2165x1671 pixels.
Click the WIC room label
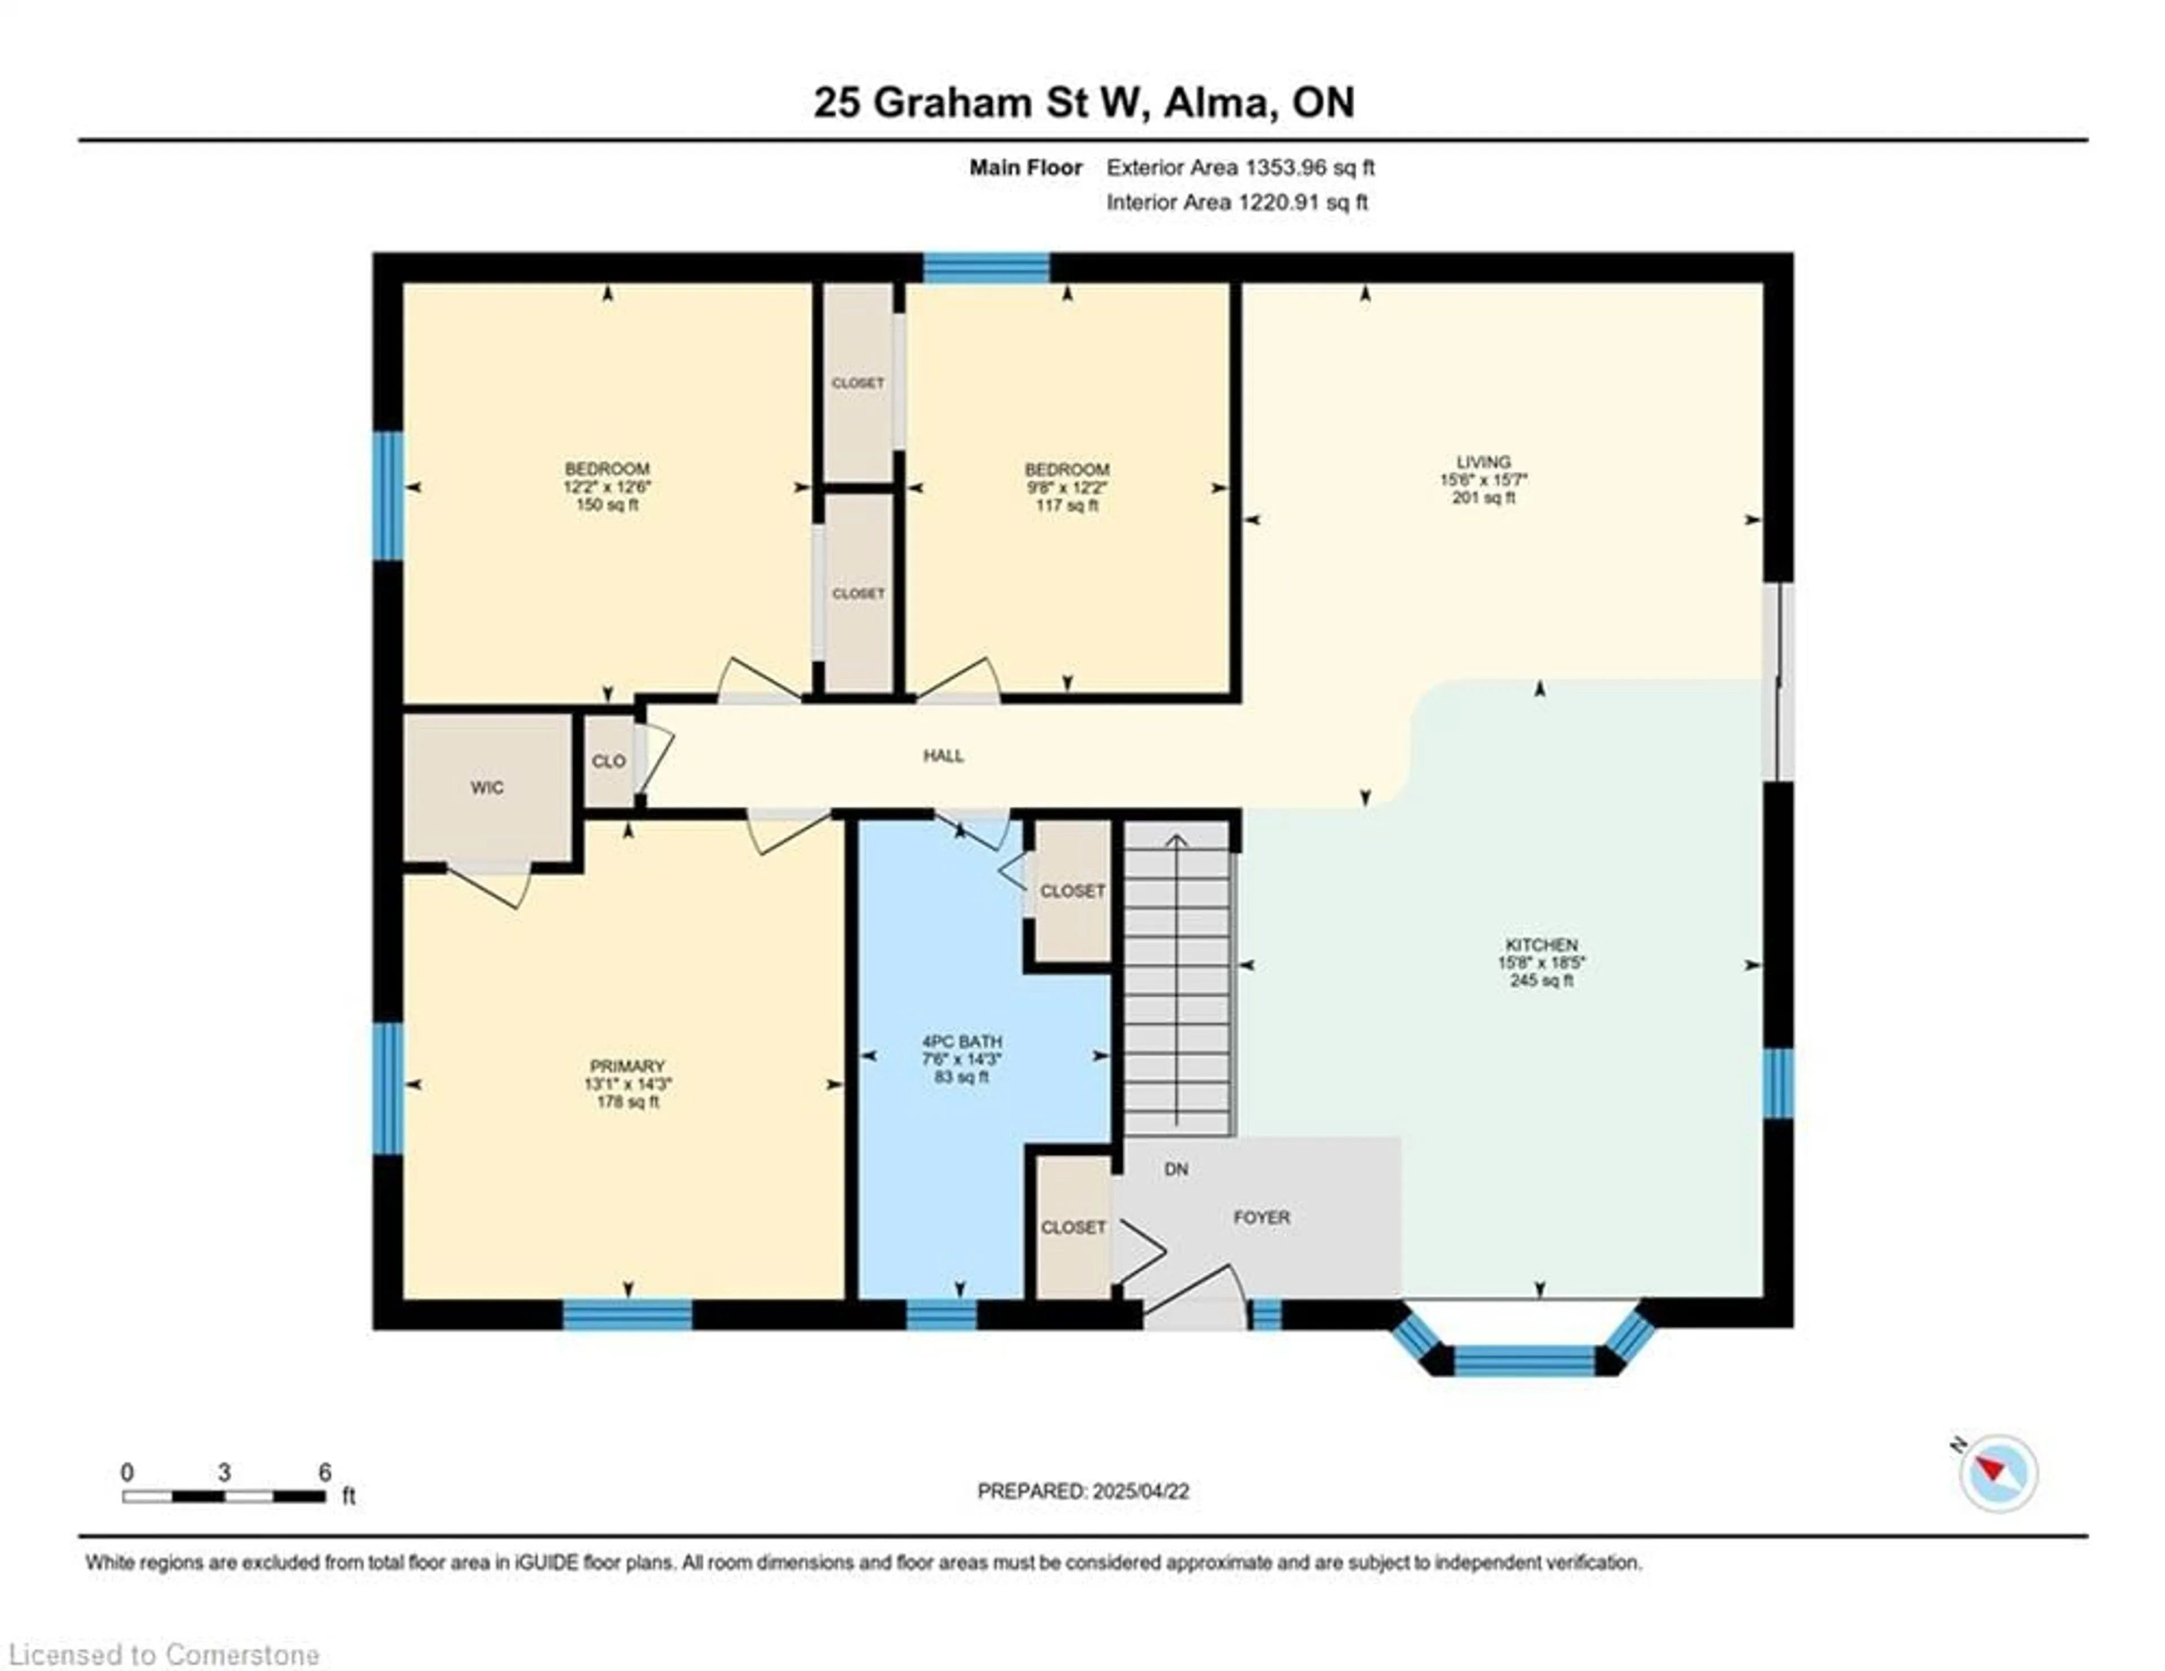(x=487, y=788)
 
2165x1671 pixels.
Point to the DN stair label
(x=1176, y=1169)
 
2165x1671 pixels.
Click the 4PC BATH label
(x=961, y=1042)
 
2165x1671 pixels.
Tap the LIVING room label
(x=1483, y=462)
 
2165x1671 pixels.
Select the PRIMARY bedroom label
(x=628, y=1067)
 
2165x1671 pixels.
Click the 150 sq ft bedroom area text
(x=607, y=505)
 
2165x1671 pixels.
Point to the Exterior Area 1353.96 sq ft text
(x=1240, y=167)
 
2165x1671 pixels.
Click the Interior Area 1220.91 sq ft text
(x=1237, y=202)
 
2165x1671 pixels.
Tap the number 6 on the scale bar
(x=324, y=1472)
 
